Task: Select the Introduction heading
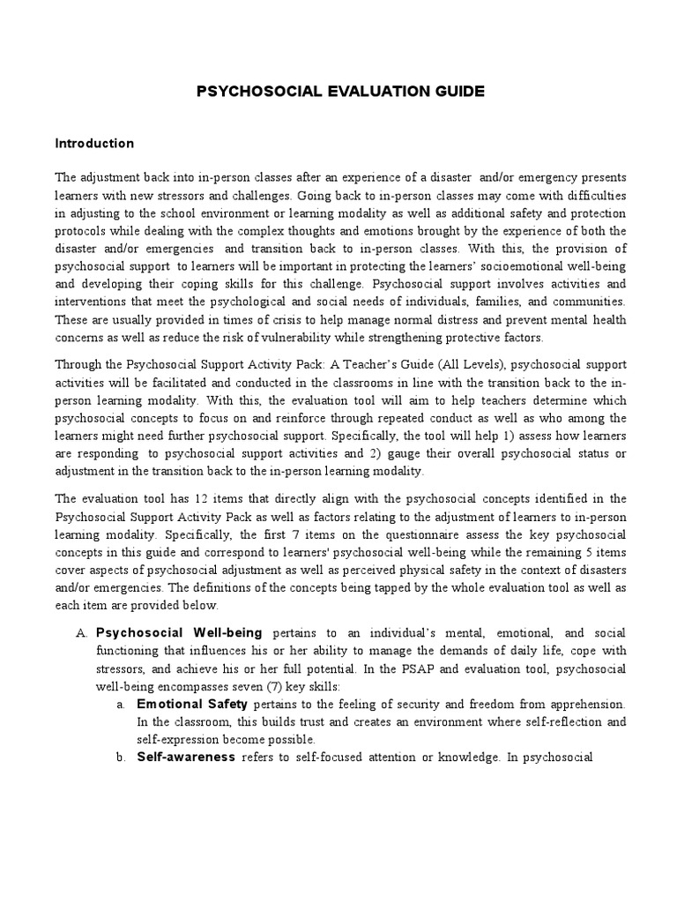pos(94,143)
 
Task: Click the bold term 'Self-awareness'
pos(186,757)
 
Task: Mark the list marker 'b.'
pos(122,757)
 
